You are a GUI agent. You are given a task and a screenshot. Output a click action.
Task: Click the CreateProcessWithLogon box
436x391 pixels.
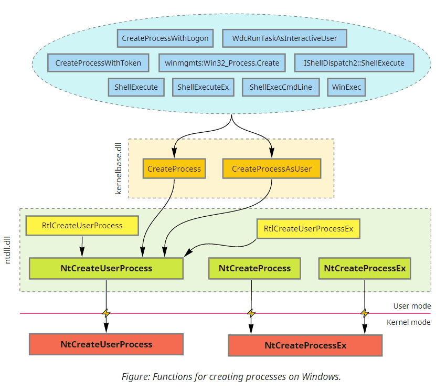165,38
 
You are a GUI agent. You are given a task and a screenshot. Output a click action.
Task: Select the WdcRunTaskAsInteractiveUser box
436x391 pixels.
284,38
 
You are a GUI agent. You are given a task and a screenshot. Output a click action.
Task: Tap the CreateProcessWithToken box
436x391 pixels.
98,63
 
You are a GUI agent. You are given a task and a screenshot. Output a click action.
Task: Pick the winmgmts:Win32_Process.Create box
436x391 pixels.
222,63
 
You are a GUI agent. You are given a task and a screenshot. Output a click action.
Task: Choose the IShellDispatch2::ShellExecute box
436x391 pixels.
354,63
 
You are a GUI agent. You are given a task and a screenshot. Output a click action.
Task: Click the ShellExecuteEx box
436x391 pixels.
203,87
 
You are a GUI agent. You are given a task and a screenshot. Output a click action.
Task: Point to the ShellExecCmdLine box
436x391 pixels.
281,87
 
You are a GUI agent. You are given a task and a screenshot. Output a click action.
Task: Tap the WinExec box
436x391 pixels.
346,87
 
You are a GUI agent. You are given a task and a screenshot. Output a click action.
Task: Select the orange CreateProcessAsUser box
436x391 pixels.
272,168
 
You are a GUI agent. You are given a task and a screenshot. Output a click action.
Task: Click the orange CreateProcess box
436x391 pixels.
174,168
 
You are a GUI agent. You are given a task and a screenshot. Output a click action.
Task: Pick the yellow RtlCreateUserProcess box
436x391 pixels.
82,226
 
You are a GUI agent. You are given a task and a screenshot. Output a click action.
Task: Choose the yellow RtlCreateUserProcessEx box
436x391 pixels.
309,229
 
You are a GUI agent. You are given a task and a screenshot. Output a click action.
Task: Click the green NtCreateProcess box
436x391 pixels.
254,268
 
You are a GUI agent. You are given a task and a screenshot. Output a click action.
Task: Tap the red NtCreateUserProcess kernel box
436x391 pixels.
106,344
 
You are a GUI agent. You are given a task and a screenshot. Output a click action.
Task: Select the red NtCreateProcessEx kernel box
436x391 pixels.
305,345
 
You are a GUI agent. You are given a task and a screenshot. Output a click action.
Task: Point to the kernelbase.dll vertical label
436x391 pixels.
119,168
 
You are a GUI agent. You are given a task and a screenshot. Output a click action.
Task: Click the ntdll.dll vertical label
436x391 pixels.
7,250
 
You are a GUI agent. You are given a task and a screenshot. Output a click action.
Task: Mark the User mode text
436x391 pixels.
412,306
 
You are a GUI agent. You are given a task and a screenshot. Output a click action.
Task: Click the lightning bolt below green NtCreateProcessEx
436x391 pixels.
365,313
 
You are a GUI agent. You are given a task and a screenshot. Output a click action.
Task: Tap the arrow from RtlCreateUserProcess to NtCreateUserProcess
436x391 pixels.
82,247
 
